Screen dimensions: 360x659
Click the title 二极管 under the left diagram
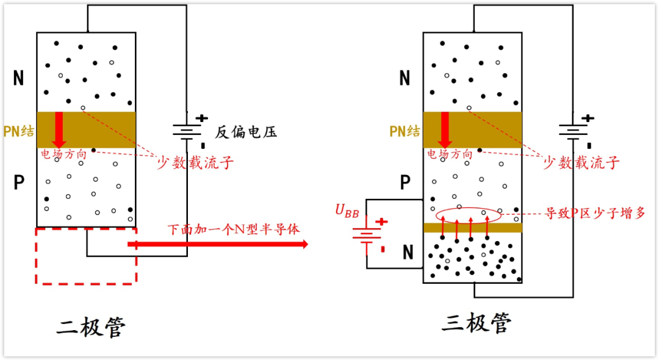[x=91, y=328]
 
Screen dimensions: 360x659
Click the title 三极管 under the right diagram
[x=477, y=323]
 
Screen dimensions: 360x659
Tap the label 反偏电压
[x=246, y=132]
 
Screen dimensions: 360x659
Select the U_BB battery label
[x=347, y=211]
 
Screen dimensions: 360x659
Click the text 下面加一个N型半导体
[x=234, y=230]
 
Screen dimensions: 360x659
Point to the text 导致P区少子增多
[x=595, y=213]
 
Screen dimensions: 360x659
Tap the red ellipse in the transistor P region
[x=469, y=215]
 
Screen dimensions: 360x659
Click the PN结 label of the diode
[x=18, y=131]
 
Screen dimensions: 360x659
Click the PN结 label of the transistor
[x=405, y=131]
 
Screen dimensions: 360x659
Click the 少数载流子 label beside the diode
[x=195, y=162]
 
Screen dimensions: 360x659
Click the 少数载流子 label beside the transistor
[x=582, y=162]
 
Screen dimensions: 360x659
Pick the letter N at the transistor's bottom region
[x=408, y=252]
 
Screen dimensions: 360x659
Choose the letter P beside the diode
[x=19, y=182]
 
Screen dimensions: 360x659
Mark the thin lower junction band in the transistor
[x=473, y=228]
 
